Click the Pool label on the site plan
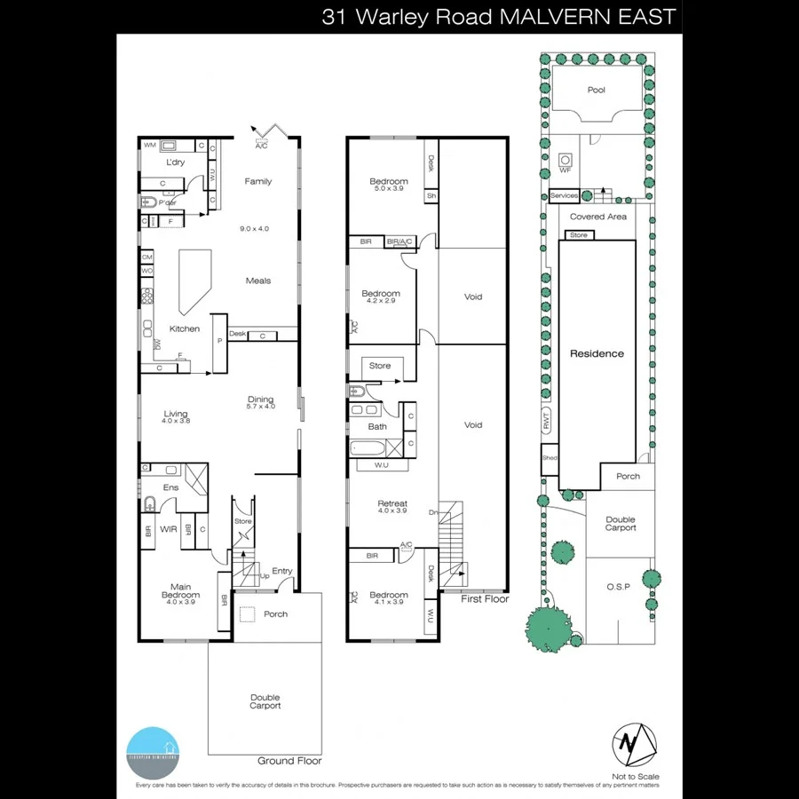click(x=597, y=91)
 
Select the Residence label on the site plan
click(x=597, y=353)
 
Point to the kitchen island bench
click(x=195, y=281)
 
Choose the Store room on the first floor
click(x=380, y=366)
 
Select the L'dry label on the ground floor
click(x=175, y=162)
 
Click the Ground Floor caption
click(x=289, y=761)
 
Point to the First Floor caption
click(x=484, y=599)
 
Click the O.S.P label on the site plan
click(x=618, y=587)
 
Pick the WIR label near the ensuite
click(x=169, y=530)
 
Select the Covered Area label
click(x=597, y=217)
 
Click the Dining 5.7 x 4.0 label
click(x=260, y=402)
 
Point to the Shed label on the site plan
click(x=550, y=458)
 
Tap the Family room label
click(x=258, y=181)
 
